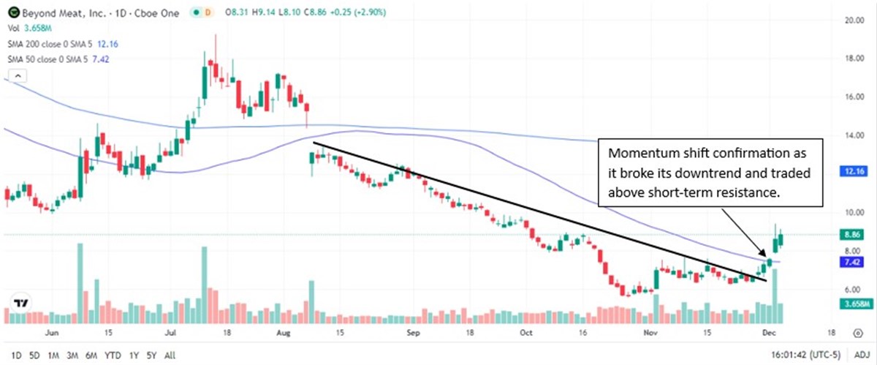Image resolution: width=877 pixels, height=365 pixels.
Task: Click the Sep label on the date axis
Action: (414, 331)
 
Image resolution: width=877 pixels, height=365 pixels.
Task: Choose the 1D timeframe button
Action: (15, 355)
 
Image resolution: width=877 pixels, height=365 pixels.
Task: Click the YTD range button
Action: (113, 355)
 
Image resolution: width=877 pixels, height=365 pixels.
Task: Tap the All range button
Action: (170, 355)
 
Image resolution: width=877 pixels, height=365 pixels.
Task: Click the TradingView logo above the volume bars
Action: (21, 303)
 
